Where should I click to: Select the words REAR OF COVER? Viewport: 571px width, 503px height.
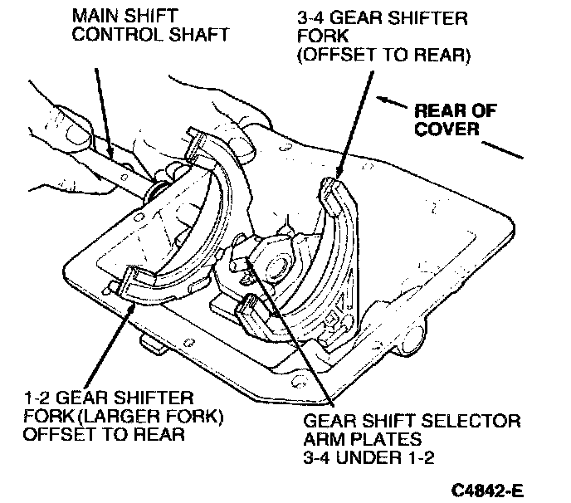[447, 119]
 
